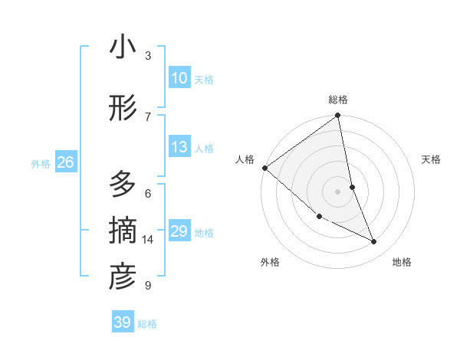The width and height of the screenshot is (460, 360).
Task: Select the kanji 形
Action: tap(123, 109)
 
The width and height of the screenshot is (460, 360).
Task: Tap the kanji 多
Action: tap(123, 185)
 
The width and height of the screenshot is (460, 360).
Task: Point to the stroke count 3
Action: tap(148, 55)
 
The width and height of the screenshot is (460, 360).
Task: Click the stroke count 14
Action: tap(148, 240)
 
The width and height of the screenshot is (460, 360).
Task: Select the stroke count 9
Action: tap(147, 286)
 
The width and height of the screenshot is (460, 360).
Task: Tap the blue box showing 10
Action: tap(179, 78)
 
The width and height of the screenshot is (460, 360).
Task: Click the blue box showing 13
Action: tap(179, 147)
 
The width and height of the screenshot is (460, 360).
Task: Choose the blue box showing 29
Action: tap(179, 231)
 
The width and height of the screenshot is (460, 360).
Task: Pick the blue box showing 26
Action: tap(65, 162)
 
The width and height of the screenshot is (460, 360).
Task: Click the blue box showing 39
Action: tap(122, 322)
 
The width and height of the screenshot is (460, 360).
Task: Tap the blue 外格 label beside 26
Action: tap(41, 163)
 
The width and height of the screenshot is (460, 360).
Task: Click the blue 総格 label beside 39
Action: tap(147, 324)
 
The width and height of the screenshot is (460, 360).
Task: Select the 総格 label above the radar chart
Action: tap(338, 100)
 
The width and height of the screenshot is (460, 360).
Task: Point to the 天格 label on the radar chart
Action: tap(431, 159)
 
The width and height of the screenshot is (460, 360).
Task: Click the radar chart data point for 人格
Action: tap(264, 168)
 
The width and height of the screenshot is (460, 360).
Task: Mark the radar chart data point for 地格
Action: tap(374, 242)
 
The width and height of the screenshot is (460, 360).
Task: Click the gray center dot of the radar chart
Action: tap(338, 191)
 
